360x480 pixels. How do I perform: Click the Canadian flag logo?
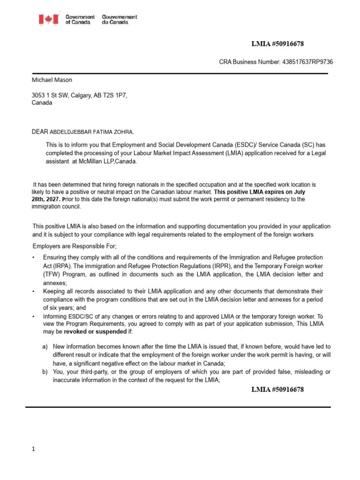pyautogui.click(x=48, y=19)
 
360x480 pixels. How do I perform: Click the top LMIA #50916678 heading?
pyautogui.click(x=277, y=44)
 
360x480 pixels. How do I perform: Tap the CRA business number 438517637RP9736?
pyautogui.click(x=306, y=62)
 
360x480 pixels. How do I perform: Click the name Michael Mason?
pyautogui.click(x=52, y=80)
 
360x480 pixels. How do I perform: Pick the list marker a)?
pyautogui.click(x=45, y=345)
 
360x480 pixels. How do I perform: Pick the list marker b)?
pyautogui.click(x=45, y=372)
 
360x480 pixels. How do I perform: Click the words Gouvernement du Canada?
pyautogui.click(x=120, y=20)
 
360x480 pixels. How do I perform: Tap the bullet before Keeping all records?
pyautogui.click(x=34, y=292)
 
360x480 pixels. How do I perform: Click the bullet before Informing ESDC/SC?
pyautogui.click(x=34, y=317)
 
